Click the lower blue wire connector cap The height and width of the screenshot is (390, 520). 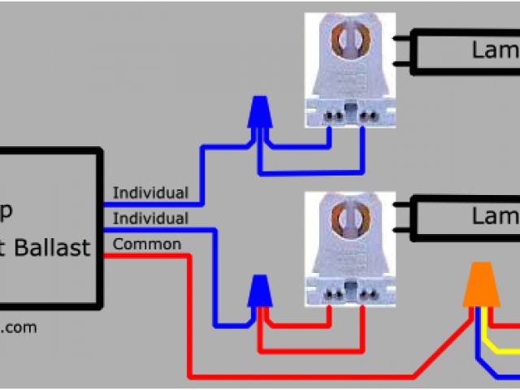[259, 290]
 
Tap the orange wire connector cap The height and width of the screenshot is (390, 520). [481, 286]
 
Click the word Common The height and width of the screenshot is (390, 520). [147, 244]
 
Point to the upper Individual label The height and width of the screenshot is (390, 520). [150, 193]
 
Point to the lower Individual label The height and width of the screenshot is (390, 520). [150, 218]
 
